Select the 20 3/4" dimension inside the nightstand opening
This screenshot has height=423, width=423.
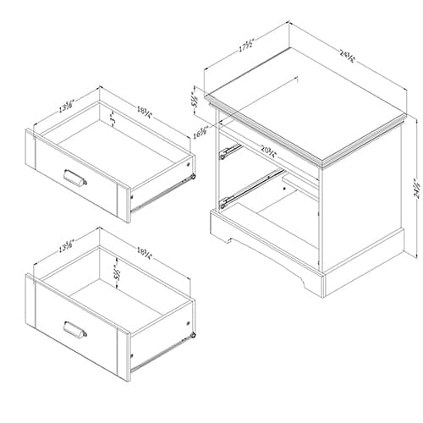click(271, 152)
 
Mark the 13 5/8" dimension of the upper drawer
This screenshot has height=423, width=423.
click(66, 107)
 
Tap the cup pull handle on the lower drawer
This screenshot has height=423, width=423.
click(74, 327)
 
